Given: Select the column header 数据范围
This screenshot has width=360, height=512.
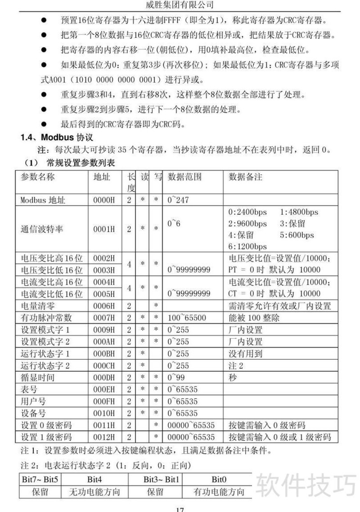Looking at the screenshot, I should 184,177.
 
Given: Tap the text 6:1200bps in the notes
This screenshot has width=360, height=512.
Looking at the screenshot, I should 247,247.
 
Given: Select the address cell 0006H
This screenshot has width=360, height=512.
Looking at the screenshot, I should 103,306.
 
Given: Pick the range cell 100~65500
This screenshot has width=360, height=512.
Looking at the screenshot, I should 187,318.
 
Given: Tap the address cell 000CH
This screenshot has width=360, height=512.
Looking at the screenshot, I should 103,365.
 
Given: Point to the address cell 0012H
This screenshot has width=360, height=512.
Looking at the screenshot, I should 103,436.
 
